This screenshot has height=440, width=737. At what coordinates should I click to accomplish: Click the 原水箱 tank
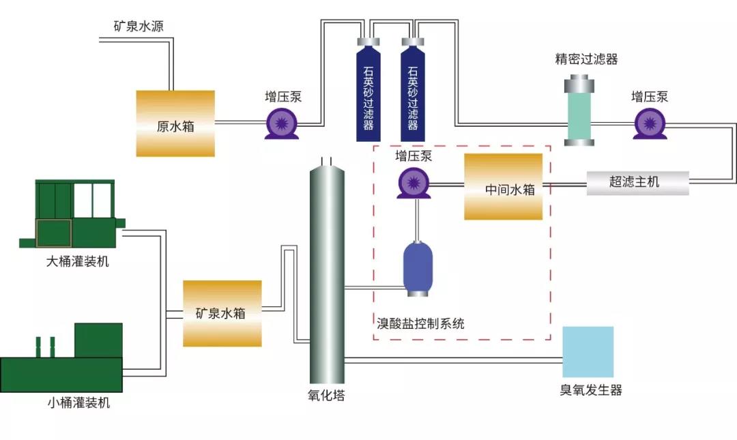(x=175, y=123)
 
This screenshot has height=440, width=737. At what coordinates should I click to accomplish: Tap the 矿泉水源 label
(x=138, y=27)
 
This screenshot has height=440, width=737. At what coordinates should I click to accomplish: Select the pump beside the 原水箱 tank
(x=282, y=123)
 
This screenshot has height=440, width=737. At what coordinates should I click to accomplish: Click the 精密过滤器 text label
(x=586, y=59)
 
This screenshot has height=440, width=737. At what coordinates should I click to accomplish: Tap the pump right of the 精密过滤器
(x=649, y=123)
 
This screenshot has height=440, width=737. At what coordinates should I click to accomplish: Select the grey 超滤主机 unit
(x=637, y=183)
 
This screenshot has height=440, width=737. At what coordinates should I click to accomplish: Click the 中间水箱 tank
(x=503, y=186)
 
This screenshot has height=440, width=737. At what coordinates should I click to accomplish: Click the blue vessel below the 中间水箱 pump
(x=418, y=268)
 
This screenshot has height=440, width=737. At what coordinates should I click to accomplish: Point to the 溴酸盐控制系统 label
(x=420, y=323)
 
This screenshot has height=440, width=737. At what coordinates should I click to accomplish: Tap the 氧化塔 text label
(x=326, y=396)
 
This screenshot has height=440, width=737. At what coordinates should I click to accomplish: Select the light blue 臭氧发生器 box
(x=588, y=352)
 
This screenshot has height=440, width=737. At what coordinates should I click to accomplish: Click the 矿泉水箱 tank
(x=222, y=313)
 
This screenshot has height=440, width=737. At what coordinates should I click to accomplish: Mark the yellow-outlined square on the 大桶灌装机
(x=54, y=233)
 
